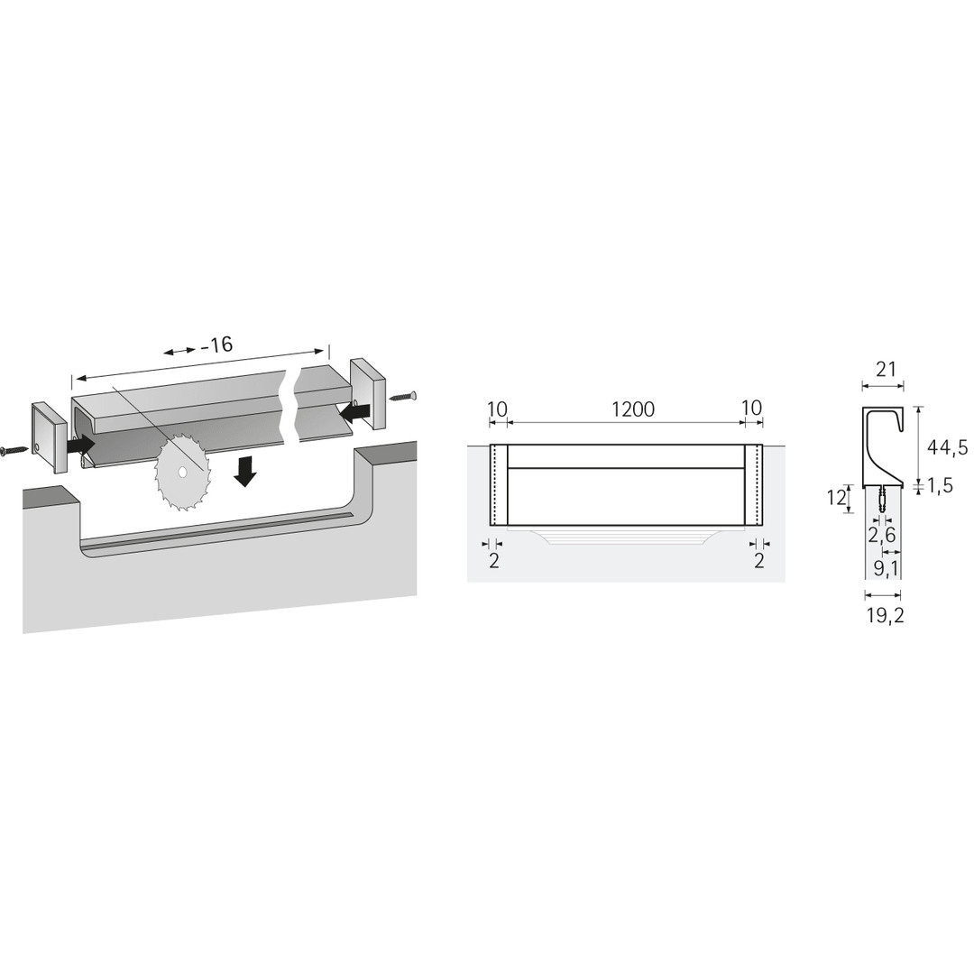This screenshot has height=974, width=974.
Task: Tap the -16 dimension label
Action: [x=216, y=345]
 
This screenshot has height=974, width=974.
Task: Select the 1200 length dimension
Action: [x=633, y=409]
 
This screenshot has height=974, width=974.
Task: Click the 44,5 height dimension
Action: [x=947, y=446]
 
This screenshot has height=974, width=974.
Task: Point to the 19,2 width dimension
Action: [x=886, y=616]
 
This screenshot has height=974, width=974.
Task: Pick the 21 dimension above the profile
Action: [x=886, y=370]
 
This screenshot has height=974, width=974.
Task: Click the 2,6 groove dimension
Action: [x=882, y=534]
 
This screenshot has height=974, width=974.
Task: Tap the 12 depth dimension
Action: [x=836, y=498]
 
